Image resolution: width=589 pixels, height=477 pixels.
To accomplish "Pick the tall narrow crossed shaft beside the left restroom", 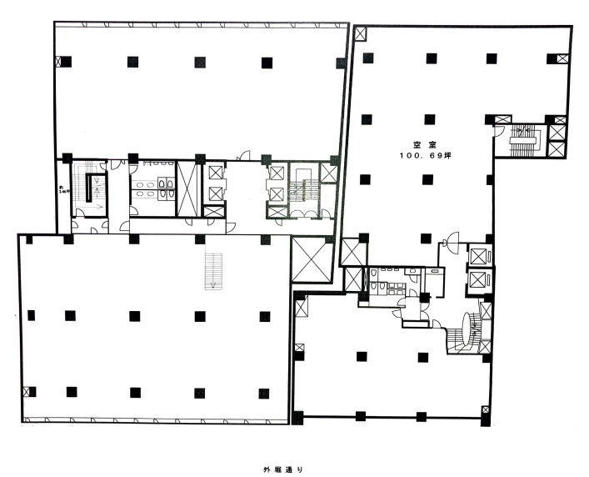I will click(188, 185).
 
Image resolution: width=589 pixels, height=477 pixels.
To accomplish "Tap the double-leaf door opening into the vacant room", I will click(451, 243).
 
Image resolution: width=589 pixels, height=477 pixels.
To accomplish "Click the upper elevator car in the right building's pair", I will click(478, 256).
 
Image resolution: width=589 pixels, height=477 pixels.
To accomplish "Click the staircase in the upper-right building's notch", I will click(524, 138).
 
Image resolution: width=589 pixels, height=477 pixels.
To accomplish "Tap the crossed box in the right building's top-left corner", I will click(361, 34).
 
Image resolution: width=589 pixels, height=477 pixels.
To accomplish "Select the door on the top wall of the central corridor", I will click(244, 155).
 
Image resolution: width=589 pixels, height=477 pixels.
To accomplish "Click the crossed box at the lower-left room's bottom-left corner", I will click(31, 391).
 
